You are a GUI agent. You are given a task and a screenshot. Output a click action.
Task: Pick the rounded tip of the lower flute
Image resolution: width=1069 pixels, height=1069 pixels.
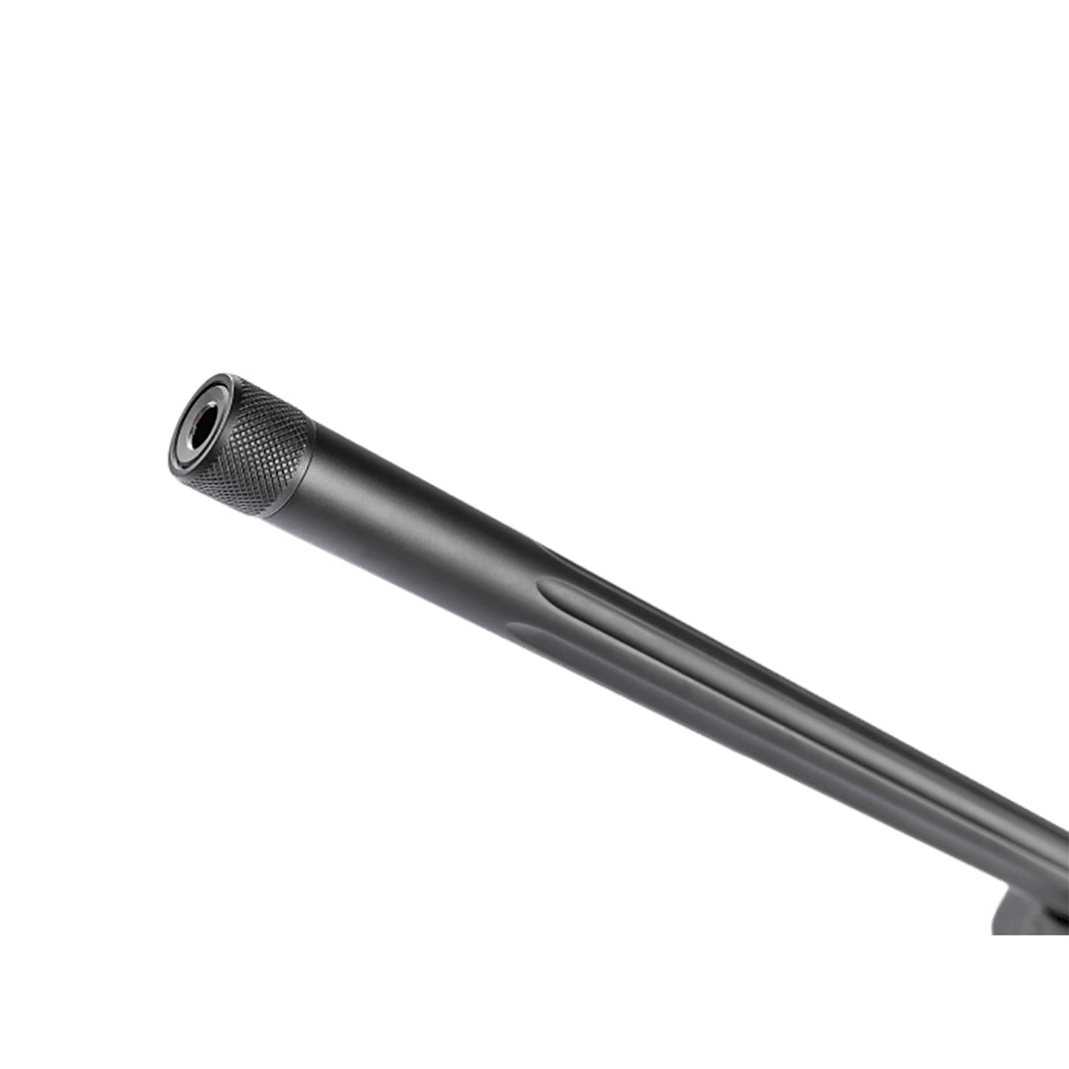pyautogui.click(x=515, y=630)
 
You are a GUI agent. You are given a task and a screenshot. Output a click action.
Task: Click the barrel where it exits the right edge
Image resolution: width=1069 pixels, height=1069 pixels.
pyautogui.click(x=1059, y=851)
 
